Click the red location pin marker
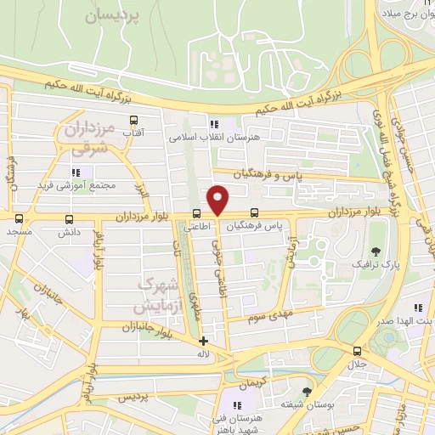(218, 199)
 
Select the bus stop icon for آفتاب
(132, 120)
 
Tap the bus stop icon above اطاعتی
(197, 213)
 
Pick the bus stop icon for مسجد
(19, 217)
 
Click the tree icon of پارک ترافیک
(376, 250)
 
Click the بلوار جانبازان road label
(125, 326)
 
